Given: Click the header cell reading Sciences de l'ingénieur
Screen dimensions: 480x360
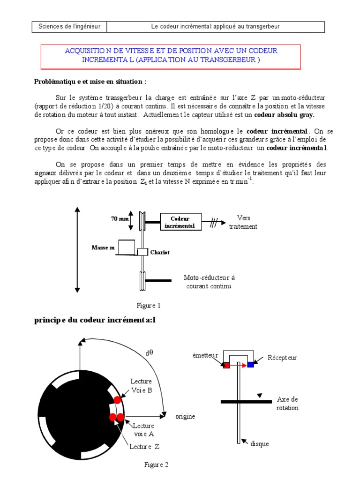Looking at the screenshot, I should click(x=70, y=27).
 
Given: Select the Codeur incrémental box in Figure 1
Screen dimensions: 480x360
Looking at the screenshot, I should click(x=180, y=222).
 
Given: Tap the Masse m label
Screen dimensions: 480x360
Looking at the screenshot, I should click(x=103, y=247).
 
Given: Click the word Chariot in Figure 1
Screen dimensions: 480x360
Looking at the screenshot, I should click(x=159, y=252).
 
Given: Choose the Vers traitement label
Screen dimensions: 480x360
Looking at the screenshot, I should click(x=243, y=222).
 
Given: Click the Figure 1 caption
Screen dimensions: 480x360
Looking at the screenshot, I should click(x=149, y=306).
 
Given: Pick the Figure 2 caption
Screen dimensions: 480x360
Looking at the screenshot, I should click(x=156, y=465).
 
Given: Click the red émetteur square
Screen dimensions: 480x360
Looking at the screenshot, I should click(x=226, y=365).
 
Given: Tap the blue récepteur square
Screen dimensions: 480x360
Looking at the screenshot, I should click(x=251, y=364).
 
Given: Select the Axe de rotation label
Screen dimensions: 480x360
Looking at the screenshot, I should click(x=288, y=404).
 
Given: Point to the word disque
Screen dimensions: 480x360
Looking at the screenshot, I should click(x=259, y=443).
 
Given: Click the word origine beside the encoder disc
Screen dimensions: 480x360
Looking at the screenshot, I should click(x=185, y=416).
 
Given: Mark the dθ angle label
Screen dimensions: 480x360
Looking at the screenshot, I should click(x=149, y=353).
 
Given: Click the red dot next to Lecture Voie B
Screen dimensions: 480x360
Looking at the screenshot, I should click(x=117, y=400).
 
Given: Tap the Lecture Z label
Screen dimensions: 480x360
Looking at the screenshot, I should click(x=144, y=447).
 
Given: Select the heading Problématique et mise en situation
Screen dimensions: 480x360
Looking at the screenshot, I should click(x=90, y=81).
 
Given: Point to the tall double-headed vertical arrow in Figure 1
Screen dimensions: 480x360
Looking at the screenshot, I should click(x=76, y=251).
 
